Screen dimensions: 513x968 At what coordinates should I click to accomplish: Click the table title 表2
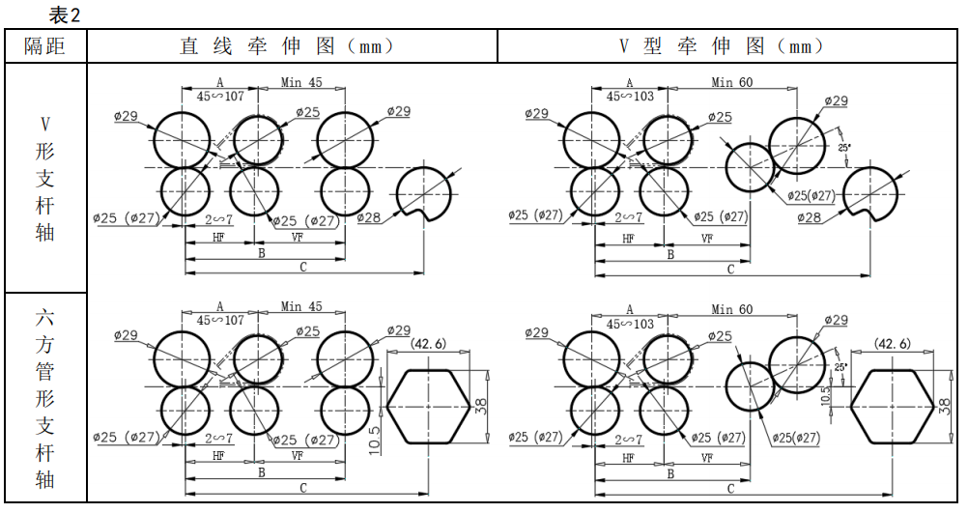(x=64, y=14)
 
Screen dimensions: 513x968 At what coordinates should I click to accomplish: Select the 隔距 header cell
(x=44, y=45)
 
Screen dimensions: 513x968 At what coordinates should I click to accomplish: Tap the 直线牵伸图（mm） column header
(x=291, y=45)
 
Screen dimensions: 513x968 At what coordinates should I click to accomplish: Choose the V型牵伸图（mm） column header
(x=728, y=45)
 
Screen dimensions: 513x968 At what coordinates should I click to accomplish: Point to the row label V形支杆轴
(x=44, y=178)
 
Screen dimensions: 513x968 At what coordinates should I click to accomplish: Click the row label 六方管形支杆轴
(x=44, y=398)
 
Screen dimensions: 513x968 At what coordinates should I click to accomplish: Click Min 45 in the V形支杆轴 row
(x=301, y=82)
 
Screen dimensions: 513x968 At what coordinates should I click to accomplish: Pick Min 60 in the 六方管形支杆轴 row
(x=731, y=309)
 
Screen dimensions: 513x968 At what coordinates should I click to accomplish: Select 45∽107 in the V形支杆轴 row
(x=220, y=97)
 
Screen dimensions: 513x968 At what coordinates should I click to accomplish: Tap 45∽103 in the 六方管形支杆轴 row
(x=630, y=323)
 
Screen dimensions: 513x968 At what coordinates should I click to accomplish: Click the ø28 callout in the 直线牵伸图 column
(x=372, y=217)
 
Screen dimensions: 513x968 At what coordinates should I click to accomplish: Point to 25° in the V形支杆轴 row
(x=844, y=147)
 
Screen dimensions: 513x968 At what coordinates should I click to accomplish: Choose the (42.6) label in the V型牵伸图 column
(x=891, y=344)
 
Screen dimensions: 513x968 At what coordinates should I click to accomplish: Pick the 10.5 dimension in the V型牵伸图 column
(x=824, y=394)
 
